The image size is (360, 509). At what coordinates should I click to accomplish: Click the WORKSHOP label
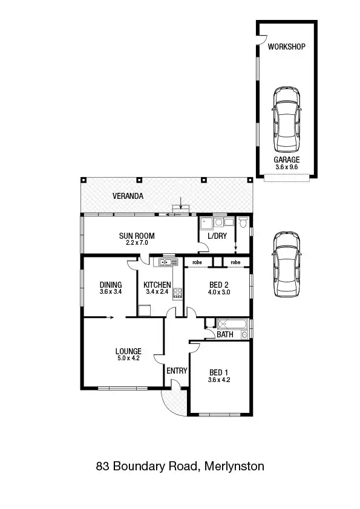(286, 47)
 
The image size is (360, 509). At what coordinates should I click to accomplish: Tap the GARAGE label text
(286, 160)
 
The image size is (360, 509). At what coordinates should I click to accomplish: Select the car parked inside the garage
(286, 120)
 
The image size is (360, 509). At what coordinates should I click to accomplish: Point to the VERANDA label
(128, 196)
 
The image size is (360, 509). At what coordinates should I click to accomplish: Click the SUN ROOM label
(137, 236)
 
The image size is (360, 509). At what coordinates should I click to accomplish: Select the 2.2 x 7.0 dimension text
(137, 243)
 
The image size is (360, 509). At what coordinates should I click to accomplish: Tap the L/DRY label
(217, 236)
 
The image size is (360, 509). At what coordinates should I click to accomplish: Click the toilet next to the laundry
(243, 223)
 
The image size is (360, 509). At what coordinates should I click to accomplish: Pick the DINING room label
(111, 285)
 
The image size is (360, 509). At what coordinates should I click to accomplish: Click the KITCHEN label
(157, 285)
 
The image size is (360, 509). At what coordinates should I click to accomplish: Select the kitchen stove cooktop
(178, 293)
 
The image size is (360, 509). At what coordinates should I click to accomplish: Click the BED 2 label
(218, 285)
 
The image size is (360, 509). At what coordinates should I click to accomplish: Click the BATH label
(225, 334)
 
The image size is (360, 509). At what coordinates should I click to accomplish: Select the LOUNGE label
(128, 351)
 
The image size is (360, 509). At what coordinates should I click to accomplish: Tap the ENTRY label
(177, 371)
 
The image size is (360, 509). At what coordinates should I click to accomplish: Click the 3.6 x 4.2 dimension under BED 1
(219, 380)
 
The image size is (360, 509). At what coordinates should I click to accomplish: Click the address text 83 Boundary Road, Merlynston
(180, 466)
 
